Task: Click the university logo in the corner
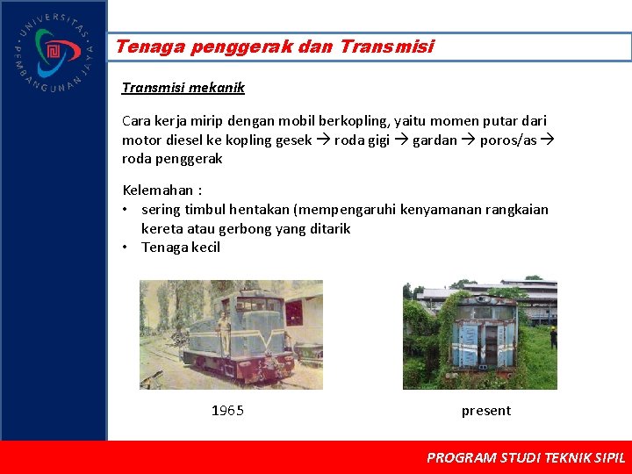pos(53,53)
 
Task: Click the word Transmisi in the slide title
pos(385,47)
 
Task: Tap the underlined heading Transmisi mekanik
pos(183,88)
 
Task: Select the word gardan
pos(434,140)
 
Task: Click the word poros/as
pos(508,140)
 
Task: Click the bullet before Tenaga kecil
pos(127,248)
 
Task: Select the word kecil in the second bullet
pos(205,248)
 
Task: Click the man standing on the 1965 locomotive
pos(223,329)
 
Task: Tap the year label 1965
pos(227,411)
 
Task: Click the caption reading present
pos(485,411)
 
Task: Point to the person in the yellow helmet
pos(553,336)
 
